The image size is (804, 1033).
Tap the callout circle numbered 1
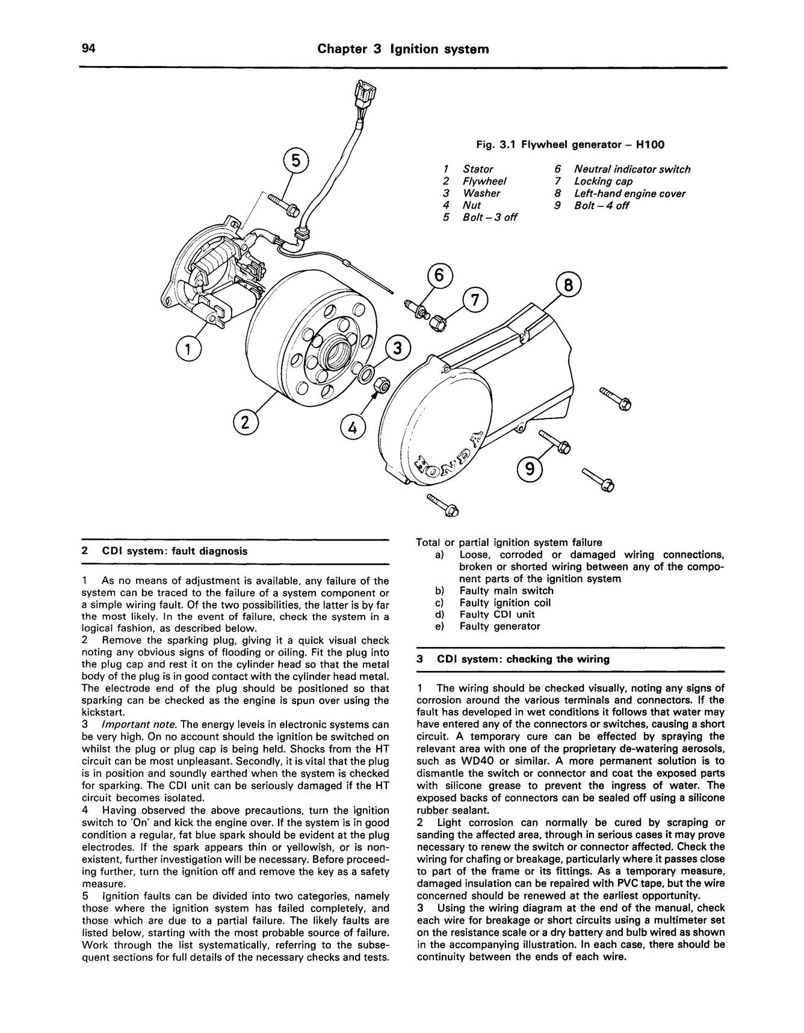tap(188, 349)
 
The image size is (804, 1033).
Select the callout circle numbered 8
tap(569, 285)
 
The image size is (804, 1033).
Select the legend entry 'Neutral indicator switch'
tap(632, 170)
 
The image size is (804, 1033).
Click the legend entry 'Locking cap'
tap(603, 182)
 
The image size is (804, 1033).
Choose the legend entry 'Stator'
tap(478, 170)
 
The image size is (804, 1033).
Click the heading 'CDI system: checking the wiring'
tap(523, 659)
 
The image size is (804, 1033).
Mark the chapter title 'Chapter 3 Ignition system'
tap(403, 49)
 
